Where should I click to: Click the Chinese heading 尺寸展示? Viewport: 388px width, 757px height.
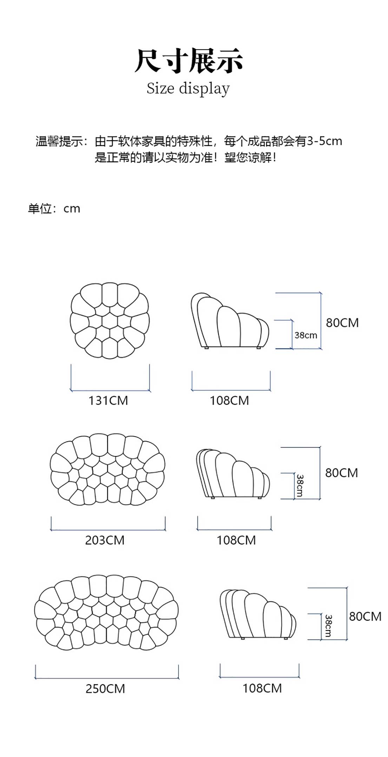pos(189,61)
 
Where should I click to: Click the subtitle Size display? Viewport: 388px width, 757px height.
pos(188,88)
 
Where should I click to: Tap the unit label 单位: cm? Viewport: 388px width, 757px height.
pos(54,209)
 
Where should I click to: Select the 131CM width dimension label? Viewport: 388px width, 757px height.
pos(108,400)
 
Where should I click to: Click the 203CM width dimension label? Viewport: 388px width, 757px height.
pos(105,540)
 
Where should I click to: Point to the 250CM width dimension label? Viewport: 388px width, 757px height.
pos(105,688)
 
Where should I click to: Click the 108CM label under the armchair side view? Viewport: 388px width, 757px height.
pos(229,400)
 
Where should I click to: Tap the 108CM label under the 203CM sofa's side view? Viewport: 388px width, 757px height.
pos(236,540)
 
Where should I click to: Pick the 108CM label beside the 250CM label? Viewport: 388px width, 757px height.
pos(262,688)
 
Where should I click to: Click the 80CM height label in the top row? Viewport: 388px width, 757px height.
pos(342,323)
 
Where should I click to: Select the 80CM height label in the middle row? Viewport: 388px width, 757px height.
pos(341,473)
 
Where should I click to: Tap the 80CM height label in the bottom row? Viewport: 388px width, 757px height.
pos(365,616)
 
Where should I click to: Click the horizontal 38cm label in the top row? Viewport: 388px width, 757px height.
pos(305,335)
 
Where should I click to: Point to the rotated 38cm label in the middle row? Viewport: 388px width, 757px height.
pos(300,486)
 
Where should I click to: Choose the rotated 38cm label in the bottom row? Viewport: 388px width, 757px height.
pos(328,626)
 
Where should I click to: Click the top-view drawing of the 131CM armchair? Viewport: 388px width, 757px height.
pos(110,321)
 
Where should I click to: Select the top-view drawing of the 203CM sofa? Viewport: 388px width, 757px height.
pos(107,470)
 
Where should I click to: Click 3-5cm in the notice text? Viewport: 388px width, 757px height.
pos(324,141)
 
